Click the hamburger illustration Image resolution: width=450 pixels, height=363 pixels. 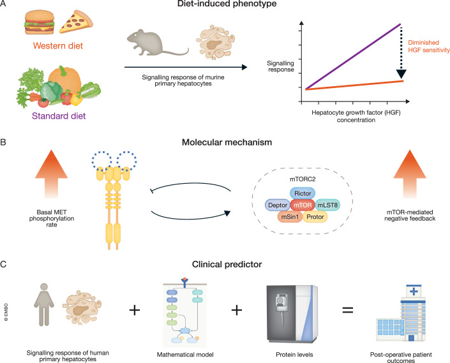(x=40, y=22)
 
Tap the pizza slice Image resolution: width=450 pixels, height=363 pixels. (x=76, y=22)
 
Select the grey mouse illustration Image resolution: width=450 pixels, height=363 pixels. (x=157, y=43)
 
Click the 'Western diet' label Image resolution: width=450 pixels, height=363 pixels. (x=58, y=45)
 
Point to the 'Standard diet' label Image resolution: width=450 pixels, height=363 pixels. (x=59, y=116)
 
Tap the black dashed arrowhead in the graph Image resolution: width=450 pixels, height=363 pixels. (x=401, y=74)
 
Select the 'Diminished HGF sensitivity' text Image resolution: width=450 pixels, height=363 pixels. (x=429, y=46)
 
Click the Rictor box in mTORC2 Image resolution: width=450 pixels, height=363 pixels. (x=303, y=193)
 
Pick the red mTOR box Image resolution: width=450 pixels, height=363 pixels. (x=303, y=205)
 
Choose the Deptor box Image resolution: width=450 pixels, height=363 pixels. (x=278, y=205)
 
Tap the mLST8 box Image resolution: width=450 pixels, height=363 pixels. (x=327, y=205)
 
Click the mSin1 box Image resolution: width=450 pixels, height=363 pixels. (x=290, y=217)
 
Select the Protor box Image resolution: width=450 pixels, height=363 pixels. (x=315, y=217)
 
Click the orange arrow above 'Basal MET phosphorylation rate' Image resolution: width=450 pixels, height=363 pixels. (x=51, y=174)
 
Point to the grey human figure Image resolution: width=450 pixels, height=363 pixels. (x=44, y=304)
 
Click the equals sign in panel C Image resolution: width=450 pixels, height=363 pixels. (x=347, y=310)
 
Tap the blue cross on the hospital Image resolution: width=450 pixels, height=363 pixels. (x=414, y=292)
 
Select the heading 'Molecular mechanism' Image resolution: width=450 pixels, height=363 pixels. (x=227, y=142)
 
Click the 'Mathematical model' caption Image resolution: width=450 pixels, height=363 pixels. (x=185, y=355)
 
